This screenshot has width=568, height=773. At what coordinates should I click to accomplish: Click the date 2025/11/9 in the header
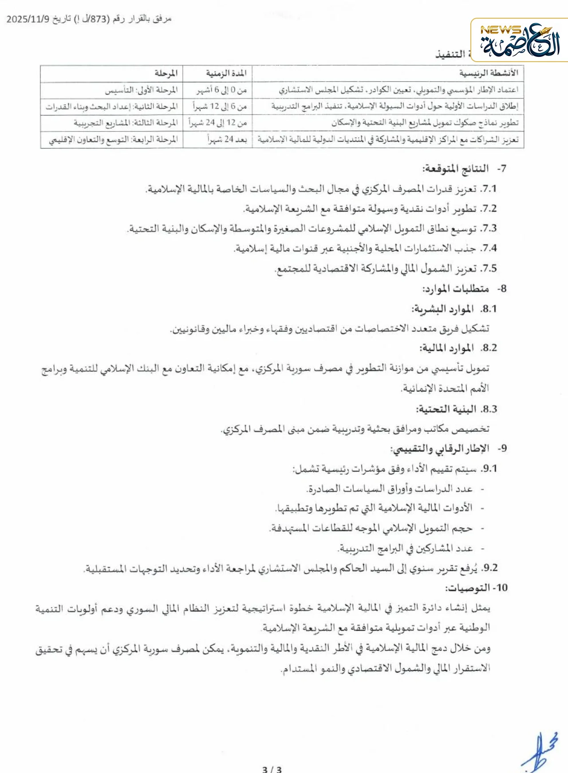28,19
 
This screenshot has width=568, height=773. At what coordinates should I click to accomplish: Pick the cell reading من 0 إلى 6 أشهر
221,90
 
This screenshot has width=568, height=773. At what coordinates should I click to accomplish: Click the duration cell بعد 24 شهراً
227,139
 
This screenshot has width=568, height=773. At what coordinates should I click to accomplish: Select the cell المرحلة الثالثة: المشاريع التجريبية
126,123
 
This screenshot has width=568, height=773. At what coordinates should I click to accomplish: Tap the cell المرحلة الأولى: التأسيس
141,90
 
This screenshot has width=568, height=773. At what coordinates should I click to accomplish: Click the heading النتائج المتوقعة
456,169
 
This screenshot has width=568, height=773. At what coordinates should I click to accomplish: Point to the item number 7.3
488,229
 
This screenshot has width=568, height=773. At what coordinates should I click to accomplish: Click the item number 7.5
488,268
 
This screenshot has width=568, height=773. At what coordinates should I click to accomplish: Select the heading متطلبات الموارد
456,289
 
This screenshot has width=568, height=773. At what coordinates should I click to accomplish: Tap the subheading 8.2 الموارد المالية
458,348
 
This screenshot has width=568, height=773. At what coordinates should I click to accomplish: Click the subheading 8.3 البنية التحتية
457,409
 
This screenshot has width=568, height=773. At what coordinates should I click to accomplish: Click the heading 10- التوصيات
476,588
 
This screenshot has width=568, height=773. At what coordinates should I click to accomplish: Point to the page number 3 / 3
272,769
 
